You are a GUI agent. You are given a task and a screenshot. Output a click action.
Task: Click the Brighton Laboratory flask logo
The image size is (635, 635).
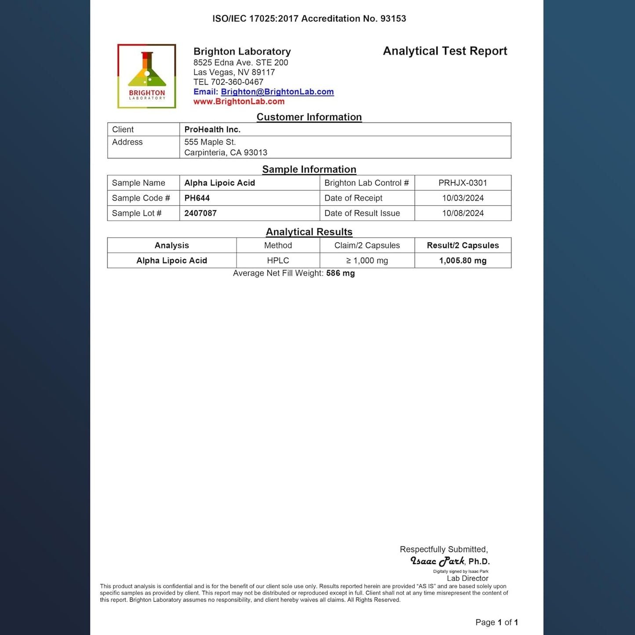click(147, 76)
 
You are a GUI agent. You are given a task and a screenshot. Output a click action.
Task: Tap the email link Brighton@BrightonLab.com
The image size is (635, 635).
click(277, 92)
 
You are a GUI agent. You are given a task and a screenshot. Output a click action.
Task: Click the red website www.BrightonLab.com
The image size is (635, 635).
click(239, 102)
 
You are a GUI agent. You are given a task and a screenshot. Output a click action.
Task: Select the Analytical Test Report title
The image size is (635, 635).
click(445, 51)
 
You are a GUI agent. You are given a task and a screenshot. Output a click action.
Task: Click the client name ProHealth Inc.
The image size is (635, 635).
click(212, 130)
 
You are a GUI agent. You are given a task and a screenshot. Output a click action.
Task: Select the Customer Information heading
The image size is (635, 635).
click(309, 117)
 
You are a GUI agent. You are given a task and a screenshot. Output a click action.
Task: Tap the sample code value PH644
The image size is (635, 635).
click(197, 198)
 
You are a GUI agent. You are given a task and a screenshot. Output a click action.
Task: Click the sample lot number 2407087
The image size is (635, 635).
click(200, 213)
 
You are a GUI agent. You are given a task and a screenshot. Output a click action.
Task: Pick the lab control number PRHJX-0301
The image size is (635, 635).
click(463, 183)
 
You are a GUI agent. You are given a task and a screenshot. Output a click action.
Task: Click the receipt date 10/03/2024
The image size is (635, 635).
click(463, 198)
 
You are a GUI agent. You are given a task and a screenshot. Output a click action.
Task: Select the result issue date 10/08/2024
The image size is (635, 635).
click(463, 213)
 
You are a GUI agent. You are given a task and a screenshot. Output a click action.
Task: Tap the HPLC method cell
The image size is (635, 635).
click(278, 261)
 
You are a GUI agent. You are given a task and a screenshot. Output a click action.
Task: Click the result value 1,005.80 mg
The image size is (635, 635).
click(463, 261)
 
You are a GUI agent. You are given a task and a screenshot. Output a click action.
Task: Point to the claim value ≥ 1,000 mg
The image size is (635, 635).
click(367, 261)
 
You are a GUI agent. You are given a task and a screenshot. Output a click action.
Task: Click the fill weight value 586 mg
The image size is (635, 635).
click(340, 273)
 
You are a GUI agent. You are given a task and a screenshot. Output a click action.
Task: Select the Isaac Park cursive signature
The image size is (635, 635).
click(437, 561)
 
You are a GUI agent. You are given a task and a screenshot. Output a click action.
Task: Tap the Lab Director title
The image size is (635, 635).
click(468, 578)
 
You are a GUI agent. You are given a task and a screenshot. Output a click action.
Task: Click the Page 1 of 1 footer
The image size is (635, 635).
click(497, 622)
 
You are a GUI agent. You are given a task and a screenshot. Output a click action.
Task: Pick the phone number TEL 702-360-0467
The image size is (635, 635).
click(228, 82)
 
